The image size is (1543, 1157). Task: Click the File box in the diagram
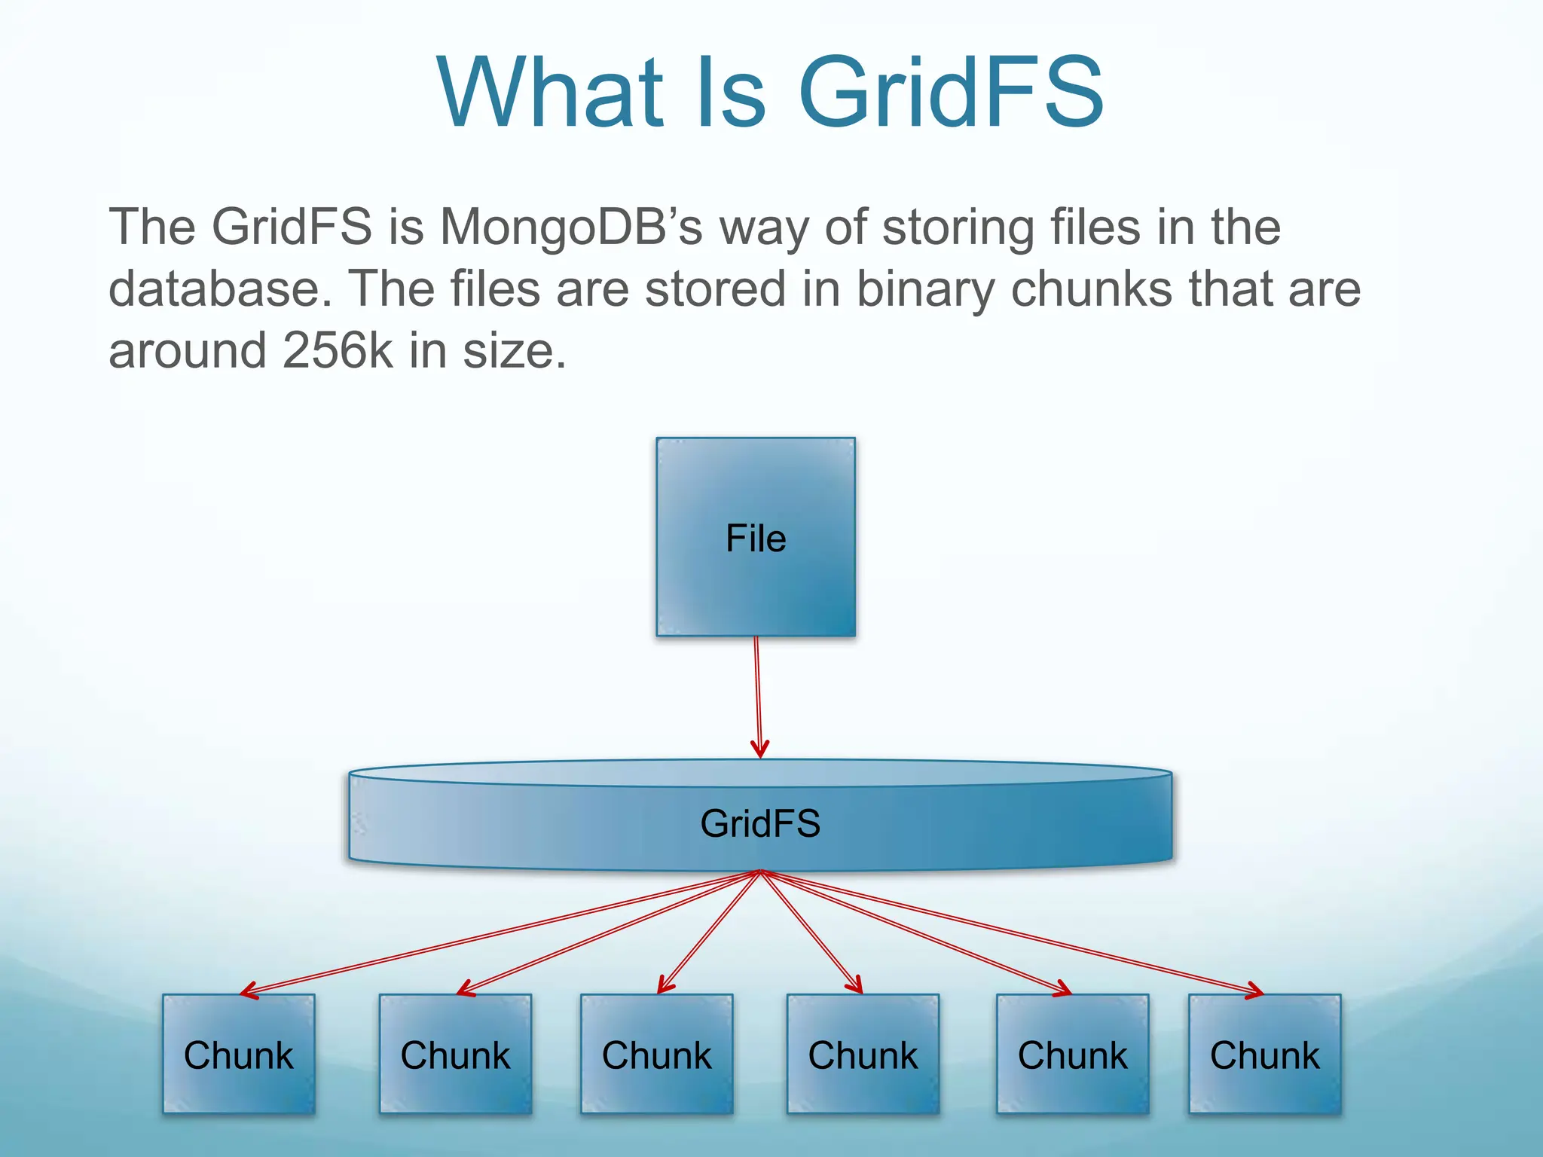tap(756, 537)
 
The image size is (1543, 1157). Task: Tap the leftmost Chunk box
tap(238, 1054)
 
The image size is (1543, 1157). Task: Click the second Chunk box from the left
tap(455, 1054)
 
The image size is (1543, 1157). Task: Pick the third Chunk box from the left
tap(656, 1054)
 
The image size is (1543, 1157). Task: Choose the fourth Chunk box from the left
tap(863, 1054)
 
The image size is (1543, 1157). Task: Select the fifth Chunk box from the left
tap(1072, 1054)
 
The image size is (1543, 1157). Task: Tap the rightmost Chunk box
tap(1264, 1054)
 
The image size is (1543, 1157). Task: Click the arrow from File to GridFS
tap(758, 697)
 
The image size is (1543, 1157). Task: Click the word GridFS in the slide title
tap(951, 93)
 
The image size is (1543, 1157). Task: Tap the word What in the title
tap(551, 93)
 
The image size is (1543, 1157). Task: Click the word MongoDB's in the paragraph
tap(571, 227)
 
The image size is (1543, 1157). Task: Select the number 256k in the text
tap(338, 351)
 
